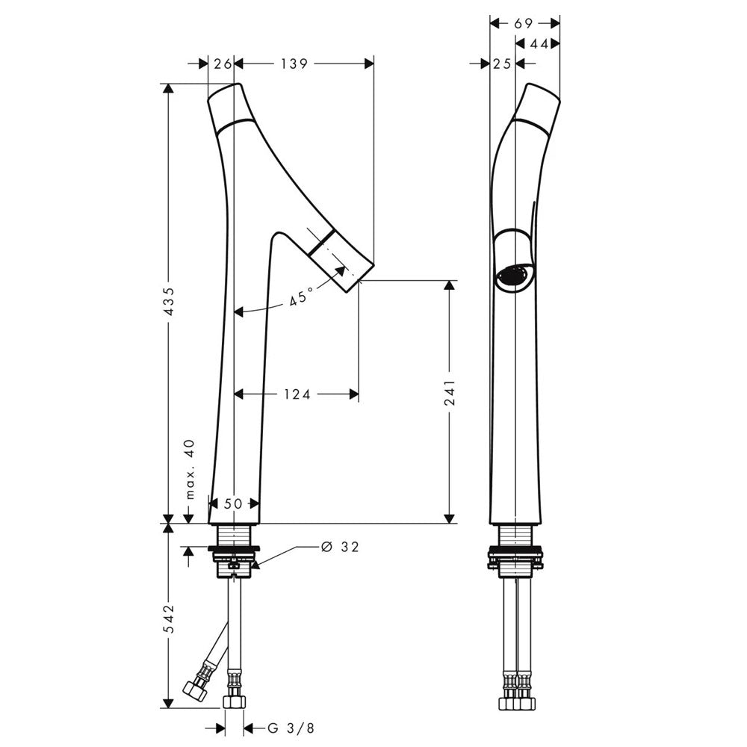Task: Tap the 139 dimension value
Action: pos(294,63)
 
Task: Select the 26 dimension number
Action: pos(223,63)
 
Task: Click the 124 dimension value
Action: pos(297,394)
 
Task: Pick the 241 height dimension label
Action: pos(450,393)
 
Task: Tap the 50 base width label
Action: pos(233,503)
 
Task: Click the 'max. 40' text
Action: pos(190,469)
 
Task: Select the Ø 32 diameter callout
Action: pos(340,547)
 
